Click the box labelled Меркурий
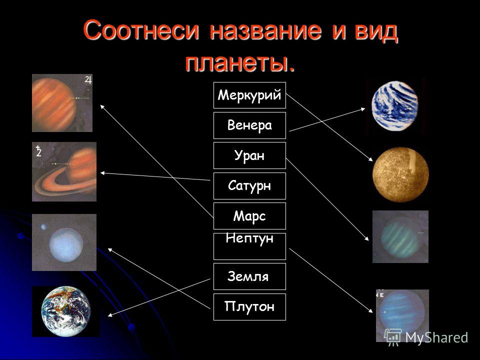tap(249, 95)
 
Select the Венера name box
tap(249, 125)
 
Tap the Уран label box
tap(249, 155)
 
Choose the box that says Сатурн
tap(249, 186)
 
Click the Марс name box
tap(249, 216)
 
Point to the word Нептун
tap(249, 238)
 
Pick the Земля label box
tap(249, 276)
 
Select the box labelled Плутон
tap(249, 306)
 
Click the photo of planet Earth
tap(66, 311)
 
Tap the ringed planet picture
tap(64, 171)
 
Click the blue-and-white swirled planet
tap(395, 106)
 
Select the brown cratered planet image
tap(400, 174)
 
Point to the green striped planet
tap(400, 237)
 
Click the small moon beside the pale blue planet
tap(44, 226)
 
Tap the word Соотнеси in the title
tap(141, 30)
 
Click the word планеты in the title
tap(240, 63)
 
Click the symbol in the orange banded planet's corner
tap(88, 80)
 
